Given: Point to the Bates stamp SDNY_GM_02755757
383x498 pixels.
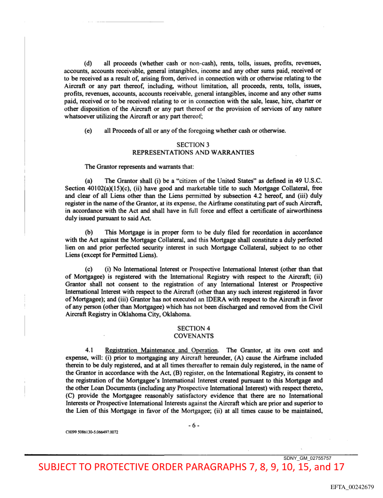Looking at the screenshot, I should tap(307, 458).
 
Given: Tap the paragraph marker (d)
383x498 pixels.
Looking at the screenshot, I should tap(88, 63).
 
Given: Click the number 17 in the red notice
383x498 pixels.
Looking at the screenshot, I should tap(337, 467).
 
